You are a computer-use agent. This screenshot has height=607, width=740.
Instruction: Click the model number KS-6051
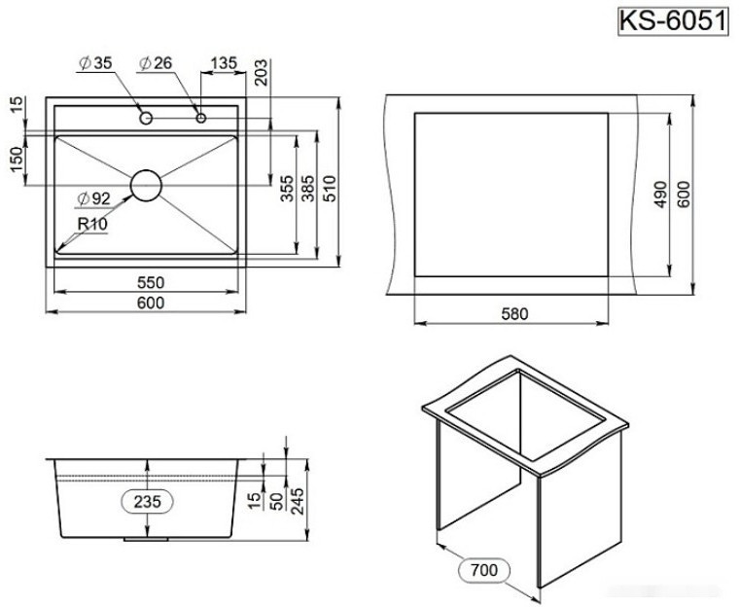pyautogui.click(x=674, y=20)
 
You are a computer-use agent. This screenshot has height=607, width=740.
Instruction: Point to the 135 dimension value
pyautogui.click(x=223, y=63)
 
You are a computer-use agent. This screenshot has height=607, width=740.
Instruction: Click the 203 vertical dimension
pyautogui.click(x=259, y=75)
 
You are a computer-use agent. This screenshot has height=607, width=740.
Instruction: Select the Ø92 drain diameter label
pyautogui.click(x=94, y=198)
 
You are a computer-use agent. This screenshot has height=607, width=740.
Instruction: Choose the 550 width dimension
pyautogui.click(x=149, y=282)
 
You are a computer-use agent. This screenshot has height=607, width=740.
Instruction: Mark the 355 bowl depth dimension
pyautogui.click(x=287, y=187)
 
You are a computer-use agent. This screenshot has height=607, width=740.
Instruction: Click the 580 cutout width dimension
pyautogui.click(x=513, y=313)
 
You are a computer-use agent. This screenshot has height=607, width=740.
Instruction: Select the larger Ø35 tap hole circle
pyautogui.click(x=145, y=118)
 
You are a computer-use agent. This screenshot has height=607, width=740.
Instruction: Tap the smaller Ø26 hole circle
pyautogui.click(x=201, y=118)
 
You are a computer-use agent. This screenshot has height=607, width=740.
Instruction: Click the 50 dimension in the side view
pyautogui.click(x=275, y=502)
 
